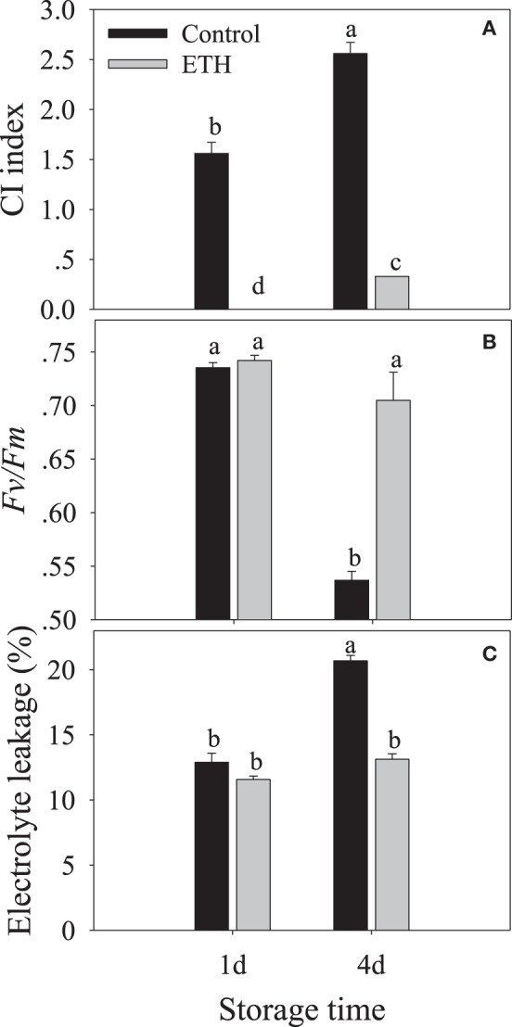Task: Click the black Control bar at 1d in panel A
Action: click(x=212, y=232)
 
